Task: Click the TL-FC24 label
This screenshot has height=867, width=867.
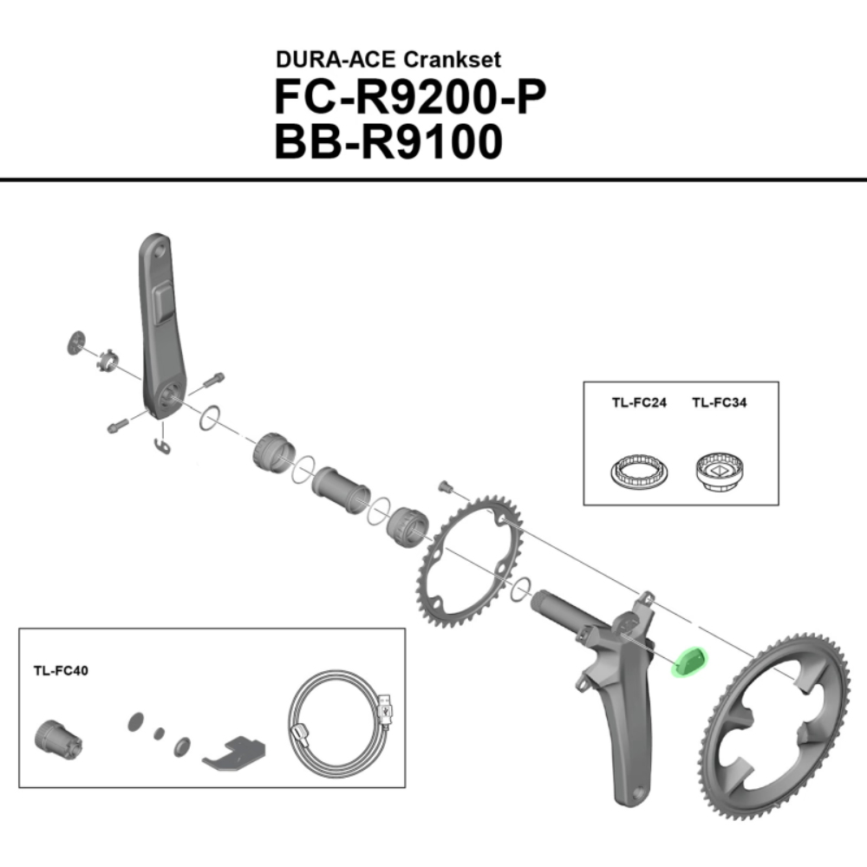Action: coord(639,402)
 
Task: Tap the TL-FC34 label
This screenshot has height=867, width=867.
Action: coord(719,402)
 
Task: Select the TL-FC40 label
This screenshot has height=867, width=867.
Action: coord(61,671)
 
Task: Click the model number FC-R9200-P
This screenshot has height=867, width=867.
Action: coord(410,97)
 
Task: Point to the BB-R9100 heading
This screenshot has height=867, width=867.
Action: coord(388,142)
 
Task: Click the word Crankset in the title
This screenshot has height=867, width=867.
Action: coord(453,60)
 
